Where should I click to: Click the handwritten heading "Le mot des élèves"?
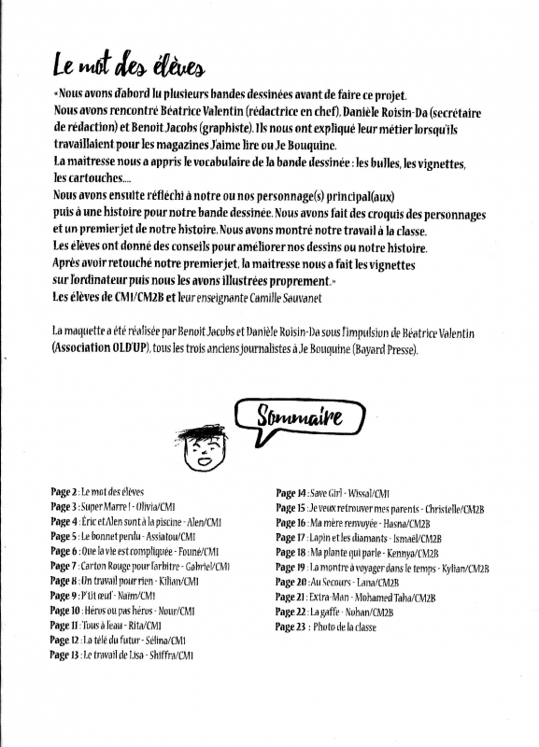point(130,67)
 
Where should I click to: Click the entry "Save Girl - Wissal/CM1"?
point(332,493)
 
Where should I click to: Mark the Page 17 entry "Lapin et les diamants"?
point(359,538)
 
